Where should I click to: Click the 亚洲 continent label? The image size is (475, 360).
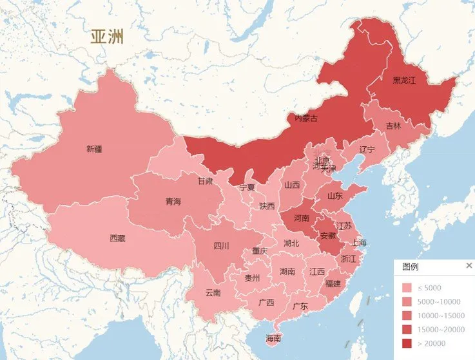108,37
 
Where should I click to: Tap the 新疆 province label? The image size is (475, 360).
94,149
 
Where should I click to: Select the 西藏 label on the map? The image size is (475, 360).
117,238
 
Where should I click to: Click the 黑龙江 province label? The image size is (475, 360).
405,81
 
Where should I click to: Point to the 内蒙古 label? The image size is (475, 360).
305,118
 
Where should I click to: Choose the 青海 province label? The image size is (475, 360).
173,202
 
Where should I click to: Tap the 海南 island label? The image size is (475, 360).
273,338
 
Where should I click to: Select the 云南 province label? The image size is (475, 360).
213,292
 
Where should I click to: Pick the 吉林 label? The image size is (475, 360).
393,126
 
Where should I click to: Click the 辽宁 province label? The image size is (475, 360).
366,149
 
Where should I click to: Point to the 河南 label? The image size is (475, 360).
302,218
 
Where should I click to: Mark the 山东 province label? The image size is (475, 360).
334,196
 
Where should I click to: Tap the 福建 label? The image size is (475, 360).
333,283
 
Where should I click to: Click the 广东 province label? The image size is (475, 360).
300,306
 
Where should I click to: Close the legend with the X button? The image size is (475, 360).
469,266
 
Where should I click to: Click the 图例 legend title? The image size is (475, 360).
411,267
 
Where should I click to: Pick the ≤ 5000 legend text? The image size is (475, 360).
429,288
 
